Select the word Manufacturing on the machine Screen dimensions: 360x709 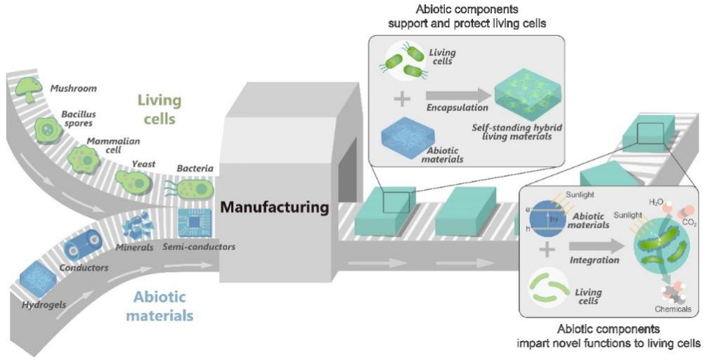click(274, 207)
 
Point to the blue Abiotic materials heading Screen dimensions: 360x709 click(159, 305)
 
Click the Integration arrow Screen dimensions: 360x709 click(594, 247)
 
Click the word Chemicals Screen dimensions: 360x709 click(672, 309)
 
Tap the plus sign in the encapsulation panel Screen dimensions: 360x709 click(402, 98)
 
